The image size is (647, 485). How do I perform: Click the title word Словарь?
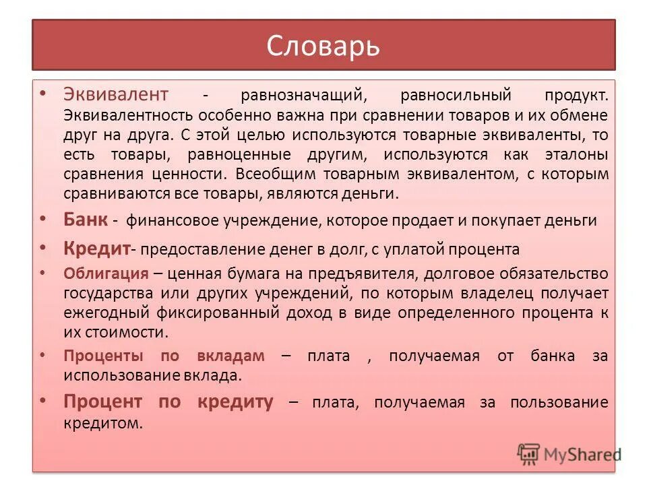pyautogui.click(x=323, y=46)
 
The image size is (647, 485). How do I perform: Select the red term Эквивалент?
pyautogui.click(x=116, y=94)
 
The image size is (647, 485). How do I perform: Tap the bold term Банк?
pyautogui.click(x=86, y=220)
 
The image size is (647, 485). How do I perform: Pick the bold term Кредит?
pyautogui.click(x=96, y=249)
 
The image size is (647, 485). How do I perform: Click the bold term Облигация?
pyautogui.click(x=106, y=273)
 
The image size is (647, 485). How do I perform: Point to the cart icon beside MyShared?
pyautogui.click(x=530, y=454)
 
